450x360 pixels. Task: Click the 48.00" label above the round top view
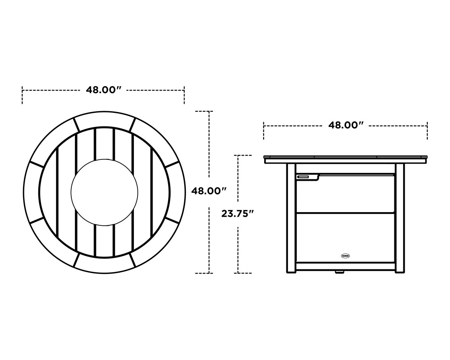click(x=103, y=90)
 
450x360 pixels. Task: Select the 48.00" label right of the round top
click(x=209, y=191)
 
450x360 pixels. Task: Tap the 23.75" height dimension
click(x=237, y=213)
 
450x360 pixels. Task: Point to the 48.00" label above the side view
click(x=345, y=125)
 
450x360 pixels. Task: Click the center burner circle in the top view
click(x=104, y=192)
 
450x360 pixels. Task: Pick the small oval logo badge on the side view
click(x=345, y=256)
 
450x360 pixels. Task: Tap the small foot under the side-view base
click(x=340, y=272)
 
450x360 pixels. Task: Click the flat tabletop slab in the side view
click(x=345, y=159)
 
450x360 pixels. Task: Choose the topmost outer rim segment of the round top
click(x=104, y=119)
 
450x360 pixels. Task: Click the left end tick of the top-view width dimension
click(x=22, y=95)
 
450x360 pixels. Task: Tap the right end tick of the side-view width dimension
click(x=427, y=131)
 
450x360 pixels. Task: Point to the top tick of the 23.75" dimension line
click(x=244, y=155)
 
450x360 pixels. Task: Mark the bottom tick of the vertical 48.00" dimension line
click(x=204, y=273)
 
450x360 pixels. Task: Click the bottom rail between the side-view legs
click(x=345, y=266)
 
